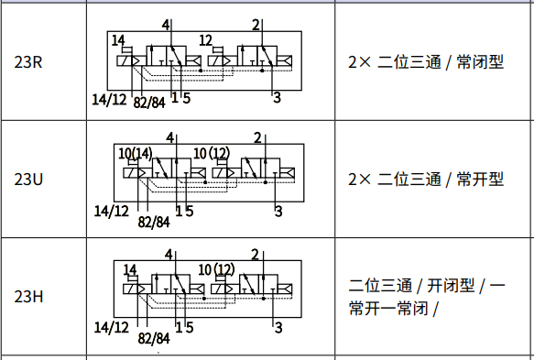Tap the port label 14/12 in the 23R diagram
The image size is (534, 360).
(x=110, y=98)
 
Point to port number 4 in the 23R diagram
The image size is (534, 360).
(x=166, y=24)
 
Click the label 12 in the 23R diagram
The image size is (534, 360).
(x=206, y=40)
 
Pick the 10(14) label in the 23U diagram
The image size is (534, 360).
(x=136, y=152)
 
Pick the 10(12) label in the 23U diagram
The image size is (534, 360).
(x=213, y=152)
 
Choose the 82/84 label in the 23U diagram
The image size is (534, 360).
(x=154, y=221)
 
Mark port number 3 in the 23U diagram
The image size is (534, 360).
(x=278, y=211)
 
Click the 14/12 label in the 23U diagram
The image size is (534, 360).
(x=112, y=211)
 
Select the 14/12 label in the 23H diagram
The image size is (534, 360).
(x=112, y=326)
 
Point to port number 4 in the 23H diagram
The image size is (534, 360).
(x=168, y=254)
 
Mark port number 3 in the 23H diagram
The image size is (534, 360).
(x=278, y=326)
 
